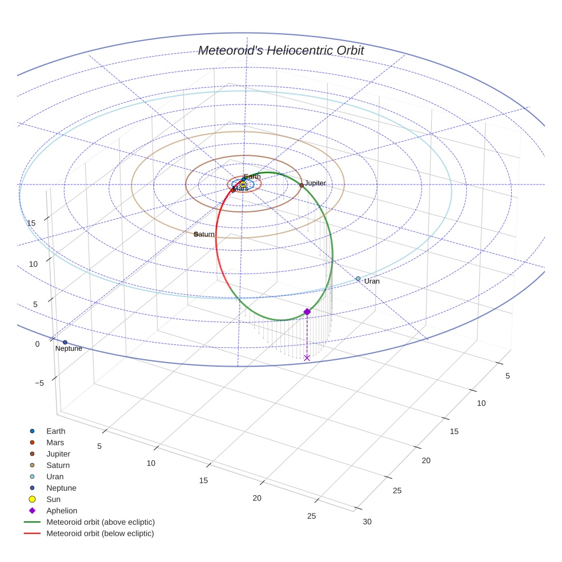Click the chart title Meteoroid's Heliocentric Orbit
(281, 50)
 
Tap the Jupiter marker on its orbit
(302, 185)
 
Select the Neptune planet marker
(65, 342)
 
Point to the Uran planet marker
(358, 279)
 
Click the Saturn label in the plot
(204, 234)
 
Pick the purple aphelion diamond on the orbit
(307, 312)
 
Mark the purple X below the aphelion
(307, 358)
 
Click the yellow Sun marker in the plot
(243, 184)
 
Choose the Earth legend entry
(55, 431)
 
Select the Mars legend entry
(55, 443)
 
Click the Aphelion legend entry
(61, 511)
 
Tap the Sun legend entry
(53, 499)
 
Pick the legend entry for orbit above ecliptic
(100, 522)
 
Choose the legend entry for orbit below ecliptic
(100, 533)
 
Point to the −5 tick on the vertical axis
(39, 383)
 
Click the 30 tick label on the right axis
(367, 521)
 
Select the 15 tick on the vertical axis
(31, 223)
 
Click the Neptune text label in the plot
(69, 348)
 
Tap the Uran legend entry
(55, 476)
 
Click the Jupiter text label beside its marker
(315, 183)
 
